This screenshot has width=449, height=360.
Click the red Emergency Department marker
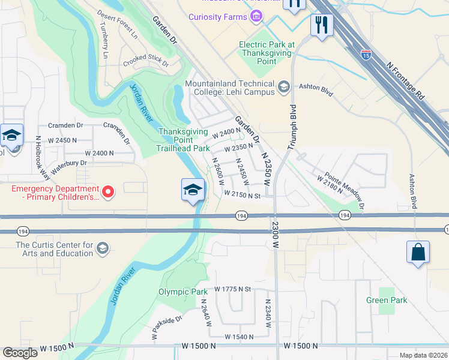pyautogui.click(x=108, y=192)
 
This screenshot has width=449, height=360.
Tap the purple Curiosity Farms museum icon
pyautogui.click(x=256, y=16)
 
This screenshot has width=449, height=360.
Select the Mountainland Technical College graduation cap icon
pyautogui.click(x=283, y=88)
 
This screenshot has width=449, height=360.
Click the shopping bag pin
pyautogui.click(x=418, y=253)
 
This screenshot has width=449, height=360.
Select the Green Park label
pyautogui.click(x=387, y=300)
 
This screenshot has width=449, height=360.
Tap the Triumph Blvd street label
pyautogui.click(x=293, y=128)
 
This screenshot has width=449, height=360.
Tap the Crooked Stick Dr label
pyautogui.click(x=146, y=62)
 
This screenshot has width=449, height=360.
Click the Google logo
pyautogui.click(x=20, y=353)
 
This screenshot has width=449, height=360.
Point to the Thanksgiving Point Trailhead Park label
pyautogui.click(x=183, y=140)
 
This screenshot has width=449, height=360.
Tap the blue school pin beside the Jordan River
pyautogui.click(x=192, y=191)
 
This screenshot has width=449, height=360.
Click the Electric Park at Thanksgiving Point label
pyautogui.click(x=267, y=53)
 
